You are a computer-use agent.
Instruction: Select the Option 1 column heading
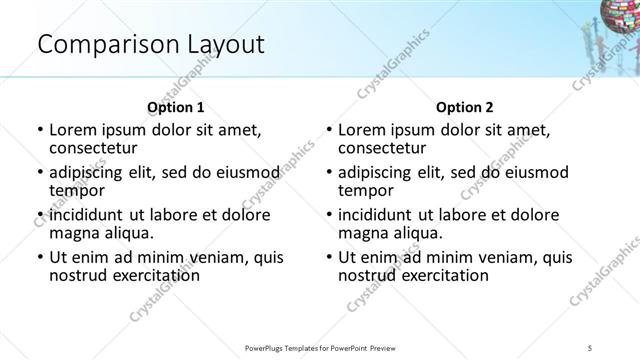click(176, 107)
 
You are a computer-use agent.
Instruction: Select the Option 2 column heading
click(465, 107)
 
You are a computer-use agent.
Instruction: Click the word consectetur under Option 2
click(382, 149)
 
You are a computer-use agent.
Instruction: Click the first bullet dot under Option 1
click(39, 130)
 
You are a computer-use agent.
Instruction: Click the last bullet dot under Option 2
click(328, 256)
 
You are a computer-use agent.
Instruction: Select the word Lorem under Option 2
click(361, 130)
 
